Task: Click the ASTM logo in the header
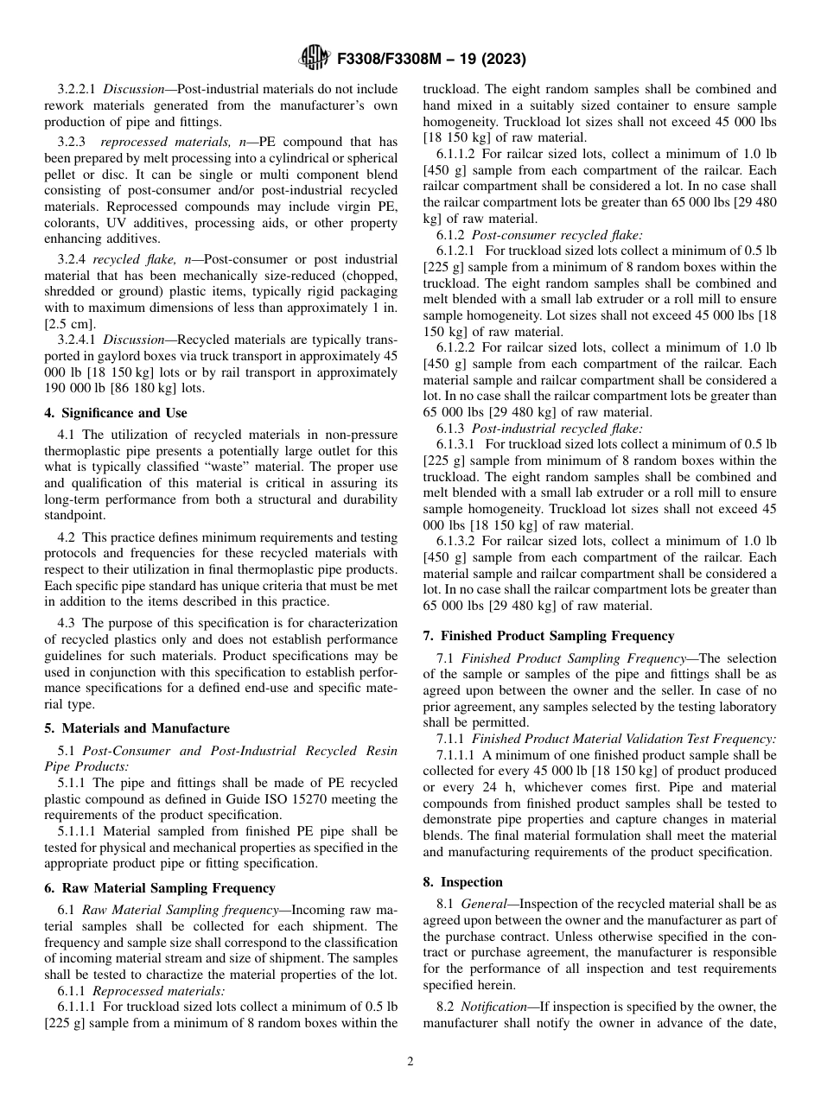coord(313,58)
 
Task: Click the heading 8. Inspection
coord(462,882)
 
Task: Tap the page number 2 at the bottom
coord(410,1061)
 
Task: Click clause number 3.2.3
coord(73,142)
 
